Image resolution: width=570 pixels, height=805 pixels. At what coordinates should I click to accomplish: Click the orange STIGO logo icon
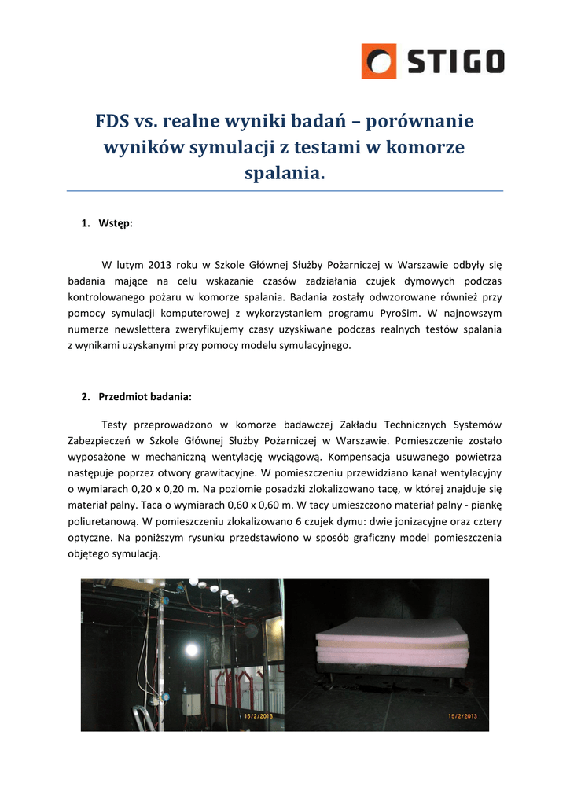378,61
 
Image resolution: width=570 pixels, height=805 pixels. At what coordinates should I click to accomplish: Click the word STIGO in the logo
454,61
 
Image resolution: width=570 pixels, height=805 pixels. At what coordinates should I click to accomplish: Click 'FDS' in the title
112,122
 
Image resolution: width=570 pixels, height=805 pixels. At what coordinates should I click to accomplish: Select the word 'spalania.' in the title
285,172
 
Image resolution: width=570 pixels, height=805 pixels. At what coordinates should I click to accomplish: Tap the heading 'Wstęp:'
116,223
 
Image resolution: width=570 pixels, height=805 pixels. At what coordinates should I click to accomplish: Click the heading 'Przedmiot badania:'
145,396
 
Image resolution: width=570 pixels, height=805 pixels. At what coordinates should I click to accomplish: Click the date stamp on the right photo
463,716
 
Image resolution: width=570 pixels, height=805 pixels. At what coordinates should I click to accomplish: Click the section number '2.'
86,396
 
